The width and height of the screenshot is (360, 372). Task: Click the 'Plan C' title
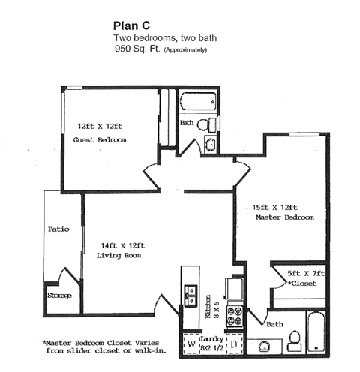pyautogui.click(x=131, y=24)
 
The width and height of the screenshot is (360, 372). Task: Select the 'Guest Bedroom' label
pyautogui.click(x=99, y=140)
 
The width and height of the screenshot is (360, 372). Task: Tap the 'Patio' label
pyautogui.click(x=58, y=229)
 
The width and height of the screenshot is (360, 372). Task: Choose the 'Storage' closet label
pyautogui.click(x=59, y=295)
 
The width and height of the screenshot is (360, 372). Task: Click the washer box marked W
pyautogui.click(x=192, y=345)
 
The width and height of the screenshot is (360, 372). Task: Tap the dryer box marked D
pyautogui.click(x=233, y=345)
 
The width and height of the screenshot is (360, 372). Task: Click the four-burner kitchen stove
pyautogui.click(x=235, y=315)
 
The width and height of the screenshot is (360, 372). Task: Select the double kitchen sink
pyautogui.click(x=190, y=289)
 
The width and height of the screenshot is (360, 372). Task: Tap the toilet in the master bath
pyautogui.click(x=294, y=342)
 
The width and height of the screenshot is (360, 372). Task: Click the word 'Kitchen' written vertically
pyautogui.click(x=208, y=307)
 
